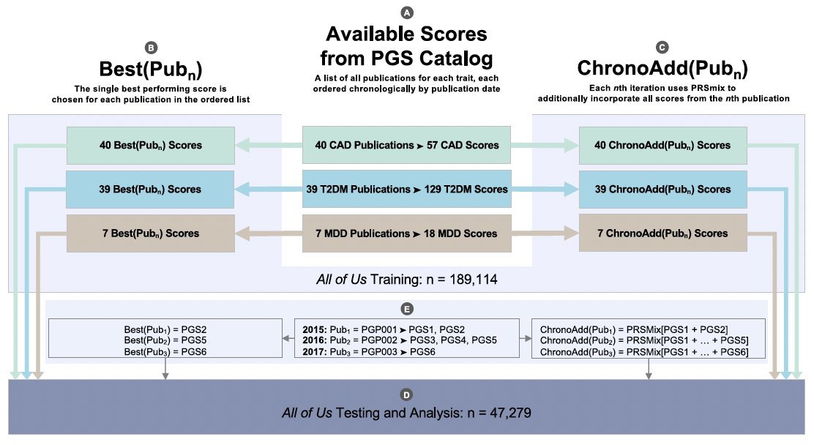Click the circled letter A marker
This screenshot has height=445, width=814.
click(406, 12)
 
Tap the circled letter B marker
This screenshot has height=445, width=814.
click(151, 48)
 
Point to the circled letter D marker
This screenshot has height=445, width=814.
click(407, 396)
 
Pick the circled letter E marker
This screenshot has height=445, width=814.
click(407, 309)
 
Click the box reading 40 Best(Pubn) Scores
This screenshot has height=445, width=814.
click(150, 145)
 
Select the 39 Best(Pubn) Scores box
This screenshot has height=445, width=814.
click(150, 189)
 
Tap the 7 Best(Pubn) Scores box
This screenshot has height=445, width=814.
click(150, 233)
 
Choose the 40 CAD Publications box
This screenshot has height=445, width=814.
click(406, 145)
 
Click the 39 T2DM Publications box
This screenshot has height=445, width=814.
click(406, 189)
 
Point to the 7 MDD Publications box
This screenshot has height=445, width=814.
click(406, 233)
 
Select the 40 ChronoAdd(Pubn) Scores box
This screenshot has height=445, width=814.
click(662, 145)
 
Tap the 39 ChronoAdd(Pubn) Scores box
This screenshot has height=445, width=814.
click(662, 189)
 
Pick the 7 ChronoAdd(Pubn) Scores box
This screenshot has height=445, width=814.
click(662, 233)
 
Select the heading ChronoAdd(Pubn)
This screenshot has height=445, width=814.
click(662, 69)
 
